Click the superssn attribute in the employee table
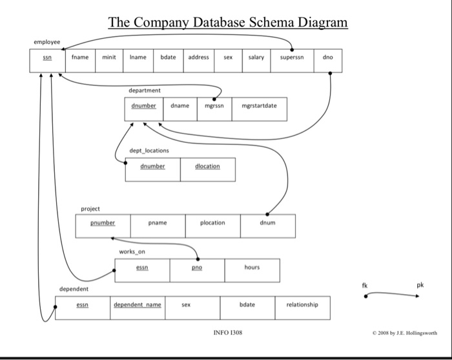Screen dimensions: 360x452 293,58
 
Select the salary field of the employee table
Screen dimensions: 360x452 256,58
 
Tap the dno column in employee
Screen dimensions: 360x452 327,58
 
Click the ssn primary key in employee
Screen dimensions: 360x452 47,58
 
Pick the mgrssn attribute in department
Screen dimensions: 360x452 214,105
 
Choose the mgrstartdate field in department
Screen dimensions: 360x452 259,105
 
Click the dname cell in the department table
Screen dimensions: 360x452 180,105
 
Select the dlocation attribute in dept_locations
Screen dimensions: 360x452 207,166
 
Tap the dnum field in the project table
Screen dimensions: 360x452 268,223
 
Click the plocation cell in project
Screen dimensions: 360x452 212,223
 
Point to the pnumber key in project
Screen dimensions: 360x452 103,223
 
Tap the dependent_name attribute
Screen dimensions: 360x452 138,304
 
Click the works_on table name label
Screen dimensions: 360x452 132,251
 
